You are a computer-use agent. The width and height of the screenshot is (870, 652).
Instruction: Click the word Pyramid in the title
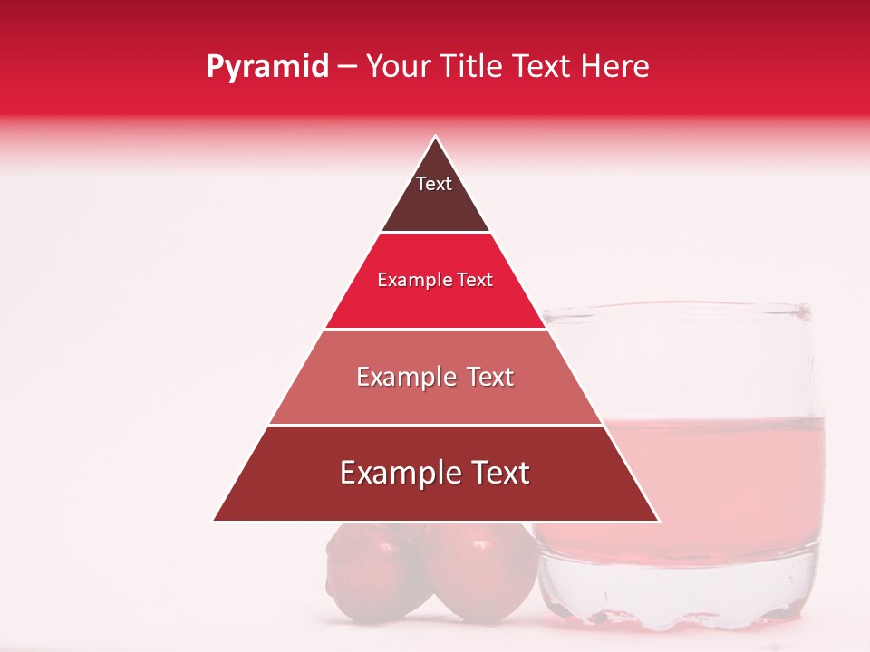267,66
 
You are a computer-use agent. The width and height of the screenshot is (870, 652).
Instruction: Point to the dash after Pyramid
347,67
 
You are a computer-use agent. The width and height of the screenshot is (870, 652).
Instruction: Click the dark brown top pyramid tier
435,208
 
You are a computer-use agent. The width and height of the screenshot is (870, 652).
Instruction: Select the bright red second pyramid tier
435,303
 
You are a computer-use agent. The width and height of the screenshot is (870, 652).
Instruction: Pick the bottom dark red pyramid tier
435,498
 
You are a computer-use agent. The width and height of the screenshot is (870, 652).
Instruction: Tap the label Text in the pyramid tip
434,184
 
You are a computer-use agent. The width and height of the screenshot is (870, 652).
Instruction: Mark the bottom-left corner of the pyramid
214,521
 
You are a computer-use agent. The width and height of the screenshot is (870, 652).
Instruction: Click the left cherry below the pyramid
362,570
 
